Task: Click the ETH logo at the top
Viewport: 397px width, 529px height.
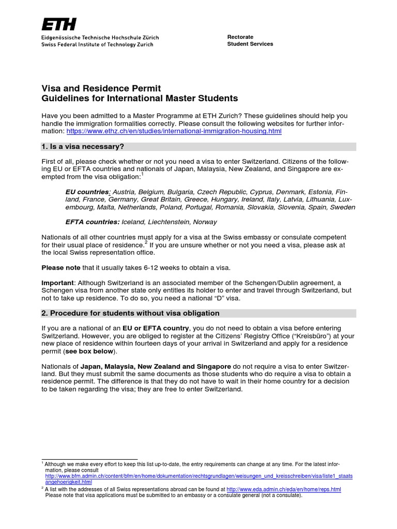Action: click(x=58, y=24)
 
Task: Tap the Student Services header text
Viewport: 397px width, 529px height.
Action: click(x=250, y=44)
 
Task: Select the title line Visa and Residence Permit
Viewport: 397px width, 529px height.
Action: click(x=101, y=88)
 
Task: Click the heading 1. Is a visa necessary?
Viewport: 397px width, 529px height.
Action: click(x=83, y=147)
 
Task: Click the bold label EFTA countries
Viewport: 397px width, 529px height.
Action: click(x=92, y=222)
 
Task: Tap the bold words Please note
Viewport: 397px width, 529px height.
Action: click(x=60, y=268)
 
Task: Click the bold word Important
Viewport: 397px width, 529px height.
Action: click(x=58, y=283)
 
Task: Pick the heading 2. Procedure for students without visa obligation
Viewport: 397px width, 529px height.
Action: click(x=130, y=313)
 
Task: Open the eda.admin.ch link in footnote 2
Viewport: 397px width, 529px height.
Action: click(x=284, y=489)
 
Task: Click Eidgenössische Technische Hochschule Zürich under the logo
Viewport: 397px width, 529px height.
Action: click(x=100, y=38)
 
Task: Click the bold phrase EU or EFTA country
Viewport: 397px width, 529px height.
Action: click(x=156, y=328)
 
